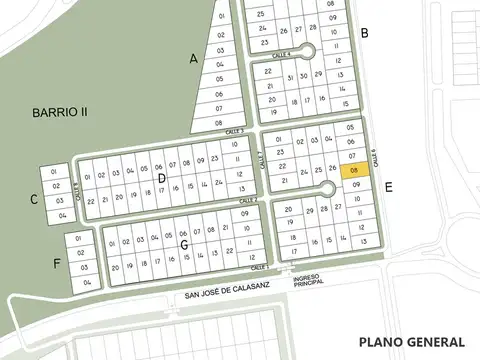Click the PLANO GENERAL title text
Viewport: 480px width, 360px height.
tap(412, 341)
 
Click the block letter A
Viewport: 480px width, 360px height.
tap(194, 59)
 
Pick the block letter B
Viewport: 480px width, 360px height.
tap(365, 34)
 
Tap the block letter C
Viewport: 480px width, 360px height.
tap(33, 200)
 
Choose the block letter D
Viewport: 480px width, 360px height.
tap(161, 178)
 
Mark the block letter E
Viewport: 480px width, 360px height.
tap(388, 186)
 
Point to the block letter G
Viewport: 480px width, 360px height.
tap(184, 243)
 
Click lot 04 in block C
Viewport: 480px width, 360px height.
tap(61, 215)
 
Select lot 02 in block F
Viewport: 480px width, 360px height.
tap(87, 254)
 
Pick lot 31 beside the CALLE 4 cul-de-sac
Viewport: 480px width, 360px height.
tap(288, 75)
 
